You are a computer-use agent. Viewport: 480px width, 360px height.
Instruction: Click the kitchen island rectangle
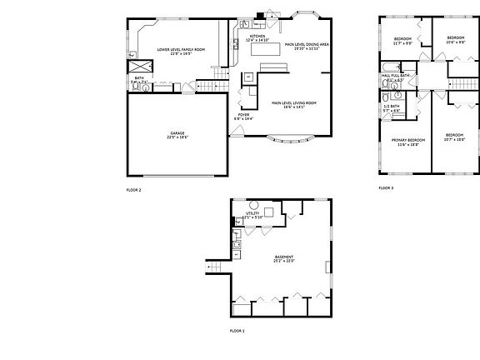point(265,50)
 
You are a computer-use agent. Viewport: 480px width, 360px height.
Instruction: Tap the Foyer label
point(243,117)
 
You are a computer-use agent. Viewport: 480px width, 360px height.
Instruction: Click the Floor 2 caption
point(134,191)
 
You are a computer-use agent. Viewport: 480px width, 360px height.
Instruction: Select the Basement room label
point(283,259)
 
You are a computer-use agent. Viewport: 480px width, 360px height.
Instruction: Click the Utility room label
point(252,216)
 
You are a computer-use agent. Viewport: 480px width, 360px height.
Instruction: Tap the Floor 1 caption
point(237,331)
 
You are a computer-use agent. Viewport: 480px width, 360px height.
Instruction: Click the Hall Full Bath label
point(395,76)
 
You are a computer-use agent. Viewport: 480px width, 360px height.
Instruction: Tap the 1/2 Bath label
point(391,107)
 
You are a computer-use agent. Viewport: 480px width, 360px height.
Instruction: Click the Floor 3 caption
point(386,188)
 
